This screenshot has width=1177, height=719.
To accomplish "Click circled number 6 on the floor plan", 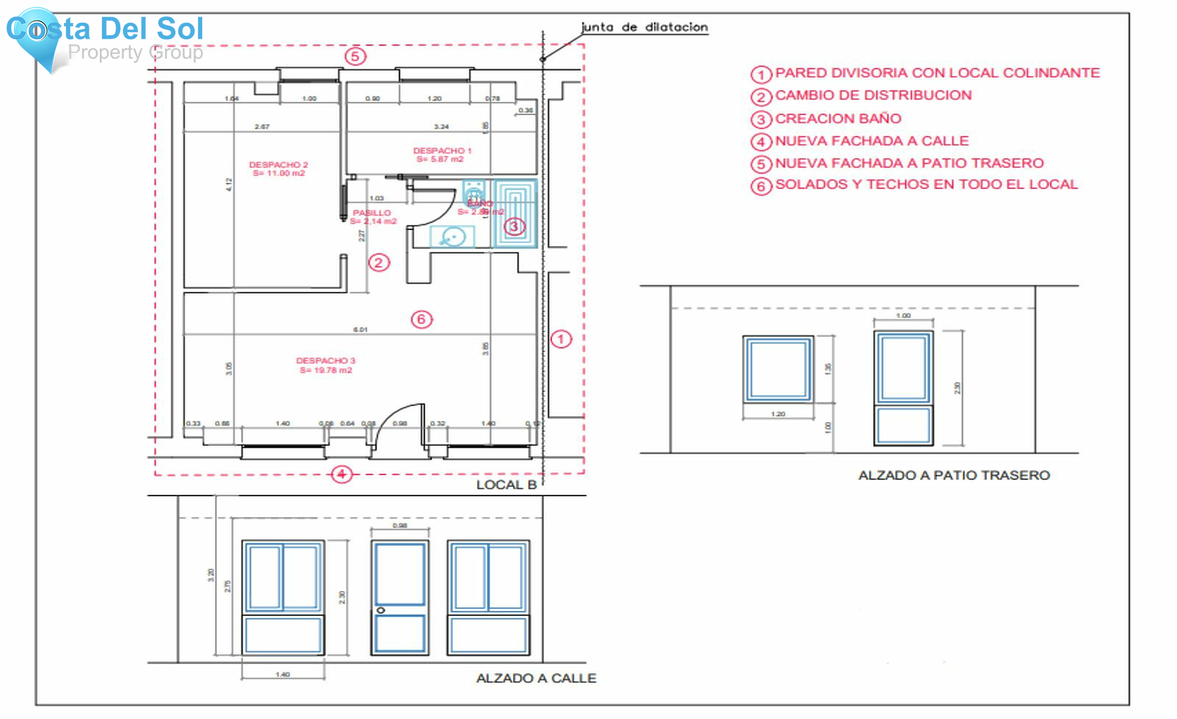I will (422, 319).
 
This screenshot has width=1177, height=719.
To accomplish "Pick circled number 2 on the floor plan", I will (379, 263).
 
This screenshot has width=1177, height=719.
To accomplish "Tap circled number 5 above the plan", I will (355, 56).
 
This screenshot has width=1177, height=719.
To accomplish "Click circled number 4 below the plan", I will (341, 474).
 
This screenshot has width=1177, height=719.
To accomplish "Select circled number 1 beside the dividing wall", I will (560, 339).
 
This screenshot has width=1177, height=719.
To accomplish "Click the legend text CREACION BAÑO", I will (838, 118).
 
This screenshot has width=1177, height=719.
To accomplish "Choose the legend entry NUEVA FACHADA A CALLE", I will (872, 141).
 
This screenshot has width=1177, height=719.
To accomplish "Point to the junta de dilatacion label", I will (644, 27).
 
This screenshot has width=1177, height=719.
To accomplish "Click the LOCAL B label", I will (506, 484).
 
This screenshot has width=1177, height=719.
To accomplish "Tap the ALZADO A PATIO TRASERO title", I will (953, 475).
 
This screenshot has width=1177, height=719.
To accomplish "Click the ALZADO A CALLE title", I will (536, 678).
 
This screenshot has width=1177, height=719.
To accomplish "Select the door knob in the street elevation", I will (381, 610).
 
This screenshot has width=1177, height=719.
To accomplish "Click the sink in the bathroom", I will (452, 236).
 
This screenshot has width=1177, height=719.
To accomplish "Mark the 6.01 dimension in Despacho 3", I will (360, 329).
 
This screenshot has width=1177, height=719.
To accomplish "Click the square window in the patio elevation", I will (778, 369).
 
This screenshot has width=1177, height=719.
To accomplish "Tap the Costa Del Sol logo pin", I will (37, 33).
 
